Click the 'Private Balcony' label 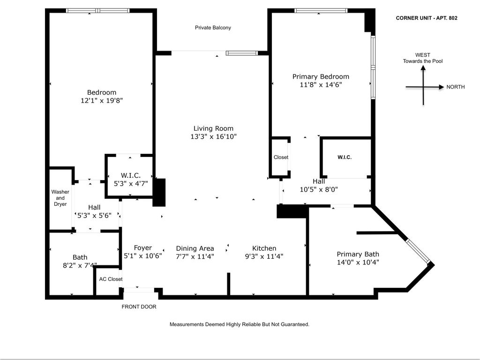213,28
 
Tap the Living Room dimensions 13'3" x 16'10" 213,137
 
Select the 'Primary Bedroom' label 321,76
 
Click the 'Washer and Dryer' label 60,198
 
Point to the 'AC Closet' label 111,279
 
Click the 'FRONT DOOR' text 139,307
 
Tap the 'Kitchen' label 264,248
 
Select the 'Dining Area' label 195,248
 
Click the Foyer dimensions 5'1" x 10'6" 142,256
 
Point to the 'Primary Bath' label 358,254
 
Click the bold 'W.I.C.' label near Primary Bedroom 345,157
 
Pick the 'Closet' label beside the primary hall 281,157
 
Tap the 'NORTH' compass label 456,87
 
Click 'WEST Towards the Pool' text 422,58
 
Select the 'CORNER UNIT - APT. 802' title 427,18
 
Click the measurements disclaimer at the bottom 239,324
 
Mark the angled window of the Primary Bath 418,251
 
